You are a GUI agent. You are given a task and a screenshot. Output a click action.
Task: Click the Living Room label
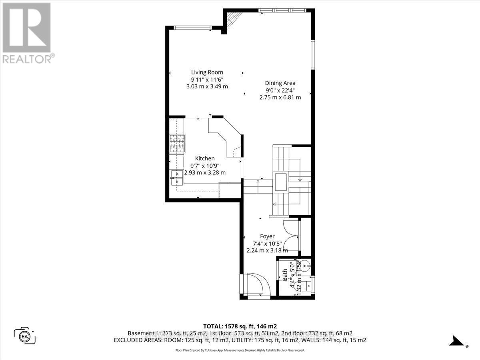(207, 72)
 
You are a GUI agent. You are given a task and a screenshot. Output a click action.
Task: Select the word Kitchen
(205, 158)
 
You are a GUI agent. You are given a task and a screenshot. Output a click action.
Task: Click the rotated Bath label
(285, 274)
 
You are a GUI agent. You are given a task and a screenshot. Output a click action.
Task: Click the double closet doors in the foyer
(291, 236)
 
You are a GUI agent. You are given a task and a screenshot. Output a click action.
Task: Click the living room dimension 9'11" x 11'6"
(207, 80)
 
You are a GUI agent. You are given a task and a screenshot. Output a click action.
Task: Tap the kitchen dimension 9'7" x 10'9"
(205, 166)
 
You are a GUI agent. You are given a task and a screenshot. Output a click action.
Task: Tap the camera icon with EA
(25, 335)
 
